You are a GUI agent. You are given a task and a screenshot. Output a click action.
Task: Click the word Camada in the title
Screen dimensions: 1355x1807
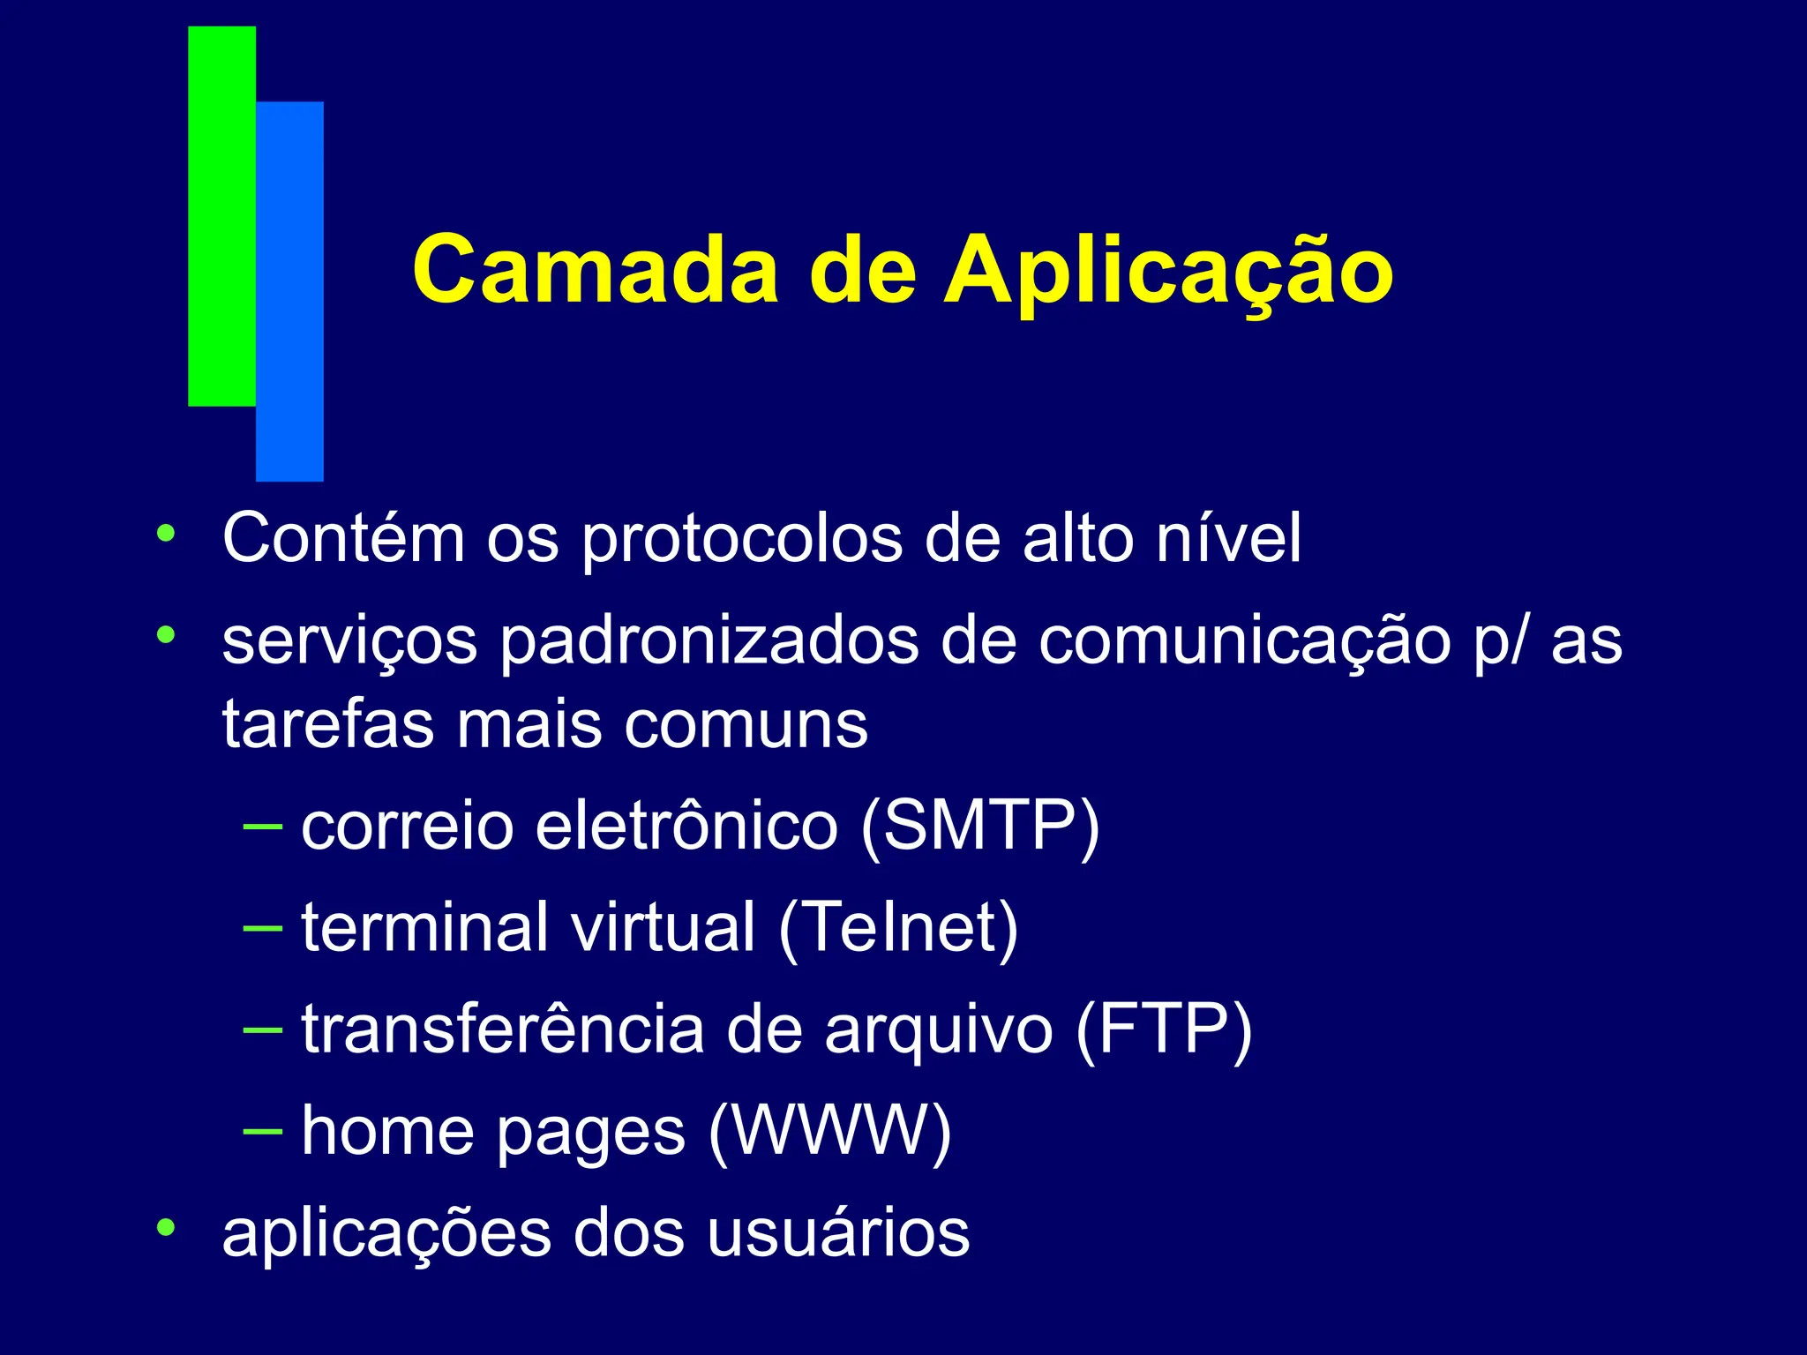[596, 270]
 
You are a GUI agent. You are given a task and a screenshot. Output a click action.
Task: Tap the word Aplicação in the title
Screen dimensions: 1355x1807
[1169, 272]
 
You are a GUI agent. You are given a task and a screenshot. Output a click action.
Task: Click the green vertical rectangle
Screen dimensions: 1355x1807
[221, 216]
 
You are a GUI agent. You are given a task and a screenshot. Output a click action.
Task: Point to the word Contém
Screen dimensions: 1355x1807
[343, 537]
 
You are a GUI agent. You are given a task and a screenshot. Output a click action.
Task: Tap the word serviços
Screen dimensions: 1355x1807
[349, 642]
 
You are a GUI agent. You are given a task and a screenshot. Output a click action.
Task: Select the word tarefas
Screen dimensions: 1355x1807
[328, 724]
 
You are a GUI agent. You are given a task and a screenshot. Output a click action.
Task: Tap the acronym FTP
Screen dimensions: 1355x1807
[1164, 1029]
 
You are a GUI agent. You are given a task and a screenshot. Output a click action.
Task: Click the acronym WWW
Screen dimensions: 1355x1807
[830, 1130]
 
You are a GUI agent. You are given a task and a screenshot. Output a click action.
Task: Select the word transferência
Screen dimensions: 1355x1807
[503, 1029]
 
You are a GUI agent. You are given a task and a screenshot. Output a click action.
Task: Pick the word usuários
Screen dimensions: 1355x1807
[837, 1232]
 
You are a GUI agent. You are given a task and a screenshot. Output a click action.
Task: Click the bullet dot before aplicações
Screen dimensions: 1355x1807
[165, 1227]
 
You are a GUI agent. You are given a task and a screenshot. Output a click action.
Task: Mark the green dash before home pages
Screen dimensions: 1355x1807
[262, 1130]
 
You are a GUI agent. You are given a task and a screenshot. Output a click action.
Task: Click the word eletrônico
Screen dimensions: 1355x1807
[686, 826]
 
